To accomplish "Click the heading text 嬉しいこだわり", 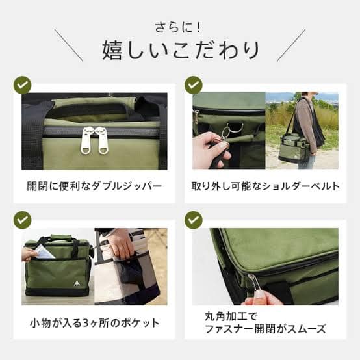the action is tap(181, 50).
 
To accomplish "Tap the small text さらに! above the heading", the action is tap(178, 27).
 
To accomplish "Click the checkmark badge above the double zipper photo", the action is tap(23, 85).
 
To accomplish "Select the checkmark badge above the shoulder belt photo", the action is tap(193, 85).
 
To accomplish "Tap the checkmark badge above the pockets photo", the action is tap(23, 220).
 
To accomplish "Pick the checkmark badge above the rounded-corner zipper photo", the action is tap(193, 220).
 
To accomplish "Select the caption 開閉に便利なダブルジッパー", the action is tap(94, 186).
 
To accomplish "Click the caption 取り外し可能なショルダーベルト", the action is tap(265, 186).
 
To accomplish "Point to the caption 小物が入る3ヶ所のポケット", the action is tap(95, 323).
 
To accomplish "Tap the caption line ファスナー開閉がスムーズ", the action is tap(265, 329).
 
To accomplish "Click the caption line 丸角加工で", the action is tap(231, 316).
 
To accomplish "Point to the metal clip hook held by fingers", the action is tap(225, 135).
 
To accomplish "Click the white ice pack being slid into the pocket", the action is tap(44, 251).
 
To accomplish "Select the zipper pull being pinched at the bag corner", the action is tap(253, 285).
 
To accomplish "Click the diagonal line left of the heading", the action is tap(68, 45).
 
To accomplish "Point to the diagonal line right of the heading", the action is tap(291, 45).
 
